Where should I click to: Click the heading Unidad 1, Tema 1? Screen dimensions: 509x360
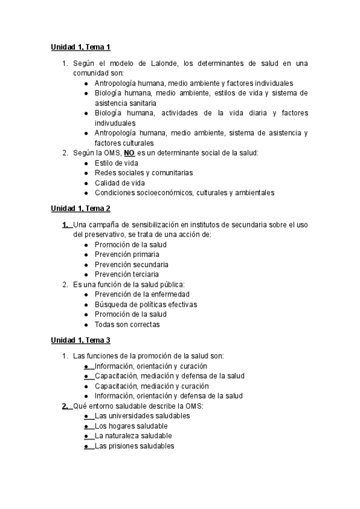80,47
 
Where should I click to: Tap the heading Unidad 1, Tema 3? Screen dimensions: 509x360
80,340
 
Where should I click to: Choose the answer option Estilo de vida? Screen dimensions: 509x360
116,163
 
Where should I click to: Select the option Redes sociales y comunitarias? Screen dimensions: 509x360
143,173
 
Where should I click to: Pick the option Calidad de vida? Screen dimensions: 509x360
119,183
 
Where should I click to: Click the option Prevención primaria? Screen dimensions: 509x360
127,254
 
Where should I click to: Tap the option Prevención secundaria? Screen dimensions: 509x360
131,264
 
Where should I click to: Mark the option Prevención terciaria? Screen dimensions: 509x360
127,274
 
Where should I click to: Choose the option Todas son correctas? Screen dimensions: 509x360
127,324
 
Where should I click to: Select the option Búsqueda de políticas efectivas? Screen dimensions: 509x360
146,304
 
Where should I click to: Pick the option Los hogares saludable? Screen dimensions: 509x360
127,426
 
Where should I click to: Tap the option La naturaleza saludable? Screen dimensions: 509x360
133,436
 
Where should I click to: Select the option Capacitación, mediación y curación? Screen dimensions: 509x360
152,386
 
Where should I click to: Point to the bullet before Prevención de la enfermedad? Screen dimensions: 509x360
87,295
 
